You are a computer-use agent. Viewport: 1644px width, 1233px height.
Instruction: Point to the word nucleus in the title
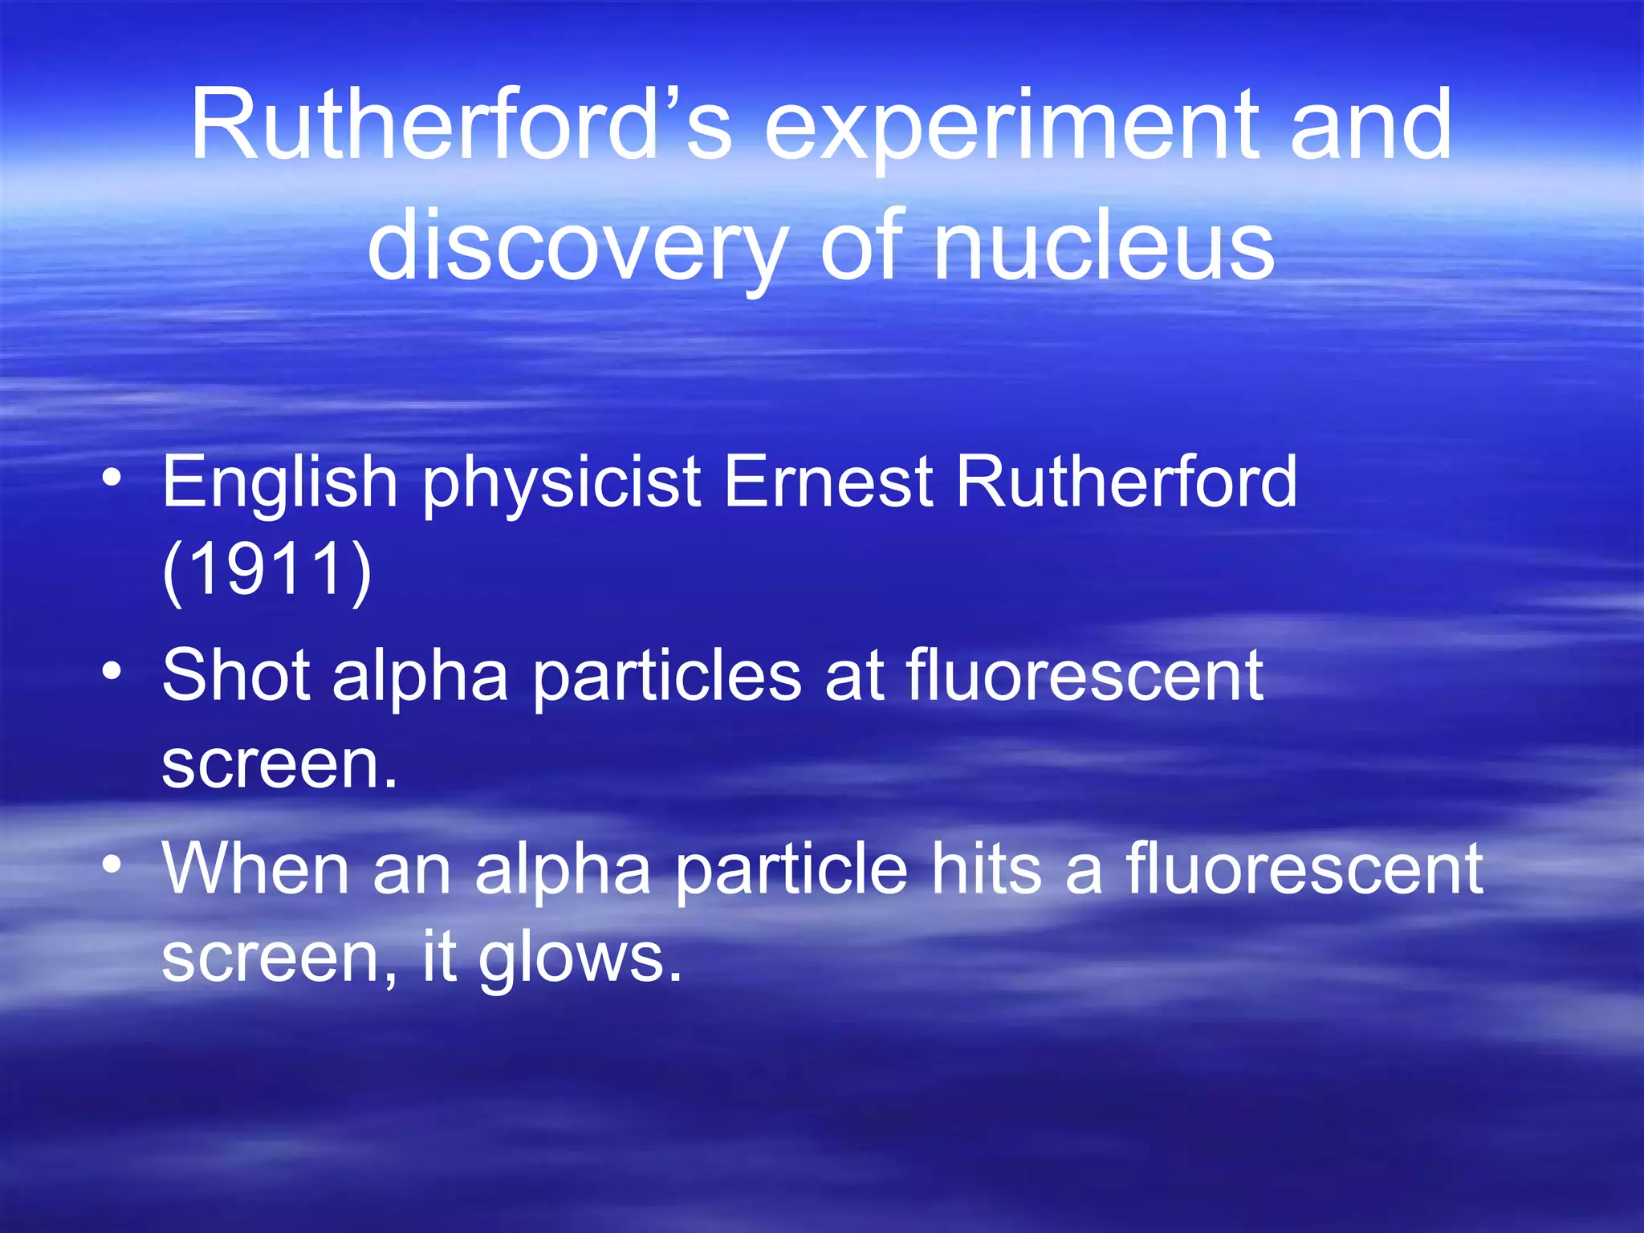1104,245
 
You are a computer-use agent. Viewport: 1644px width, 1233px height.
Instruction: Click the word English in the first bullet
279,484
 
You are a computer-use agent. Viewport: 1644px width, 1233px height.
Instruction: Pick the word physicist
562,484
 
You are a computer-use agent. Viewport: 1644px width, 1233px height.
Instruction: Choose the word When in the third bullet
255,869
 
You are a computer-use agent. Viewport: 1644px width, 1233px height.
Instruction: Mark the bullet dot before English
112,478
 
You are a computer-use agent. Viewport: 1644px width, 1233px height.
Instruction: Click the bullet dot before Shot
112,669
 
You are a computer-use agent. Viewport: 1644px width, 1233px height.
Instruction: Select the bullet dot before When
112,864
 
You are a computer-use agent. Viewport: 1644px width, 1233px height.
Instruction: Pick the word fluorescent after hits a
1304,869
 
